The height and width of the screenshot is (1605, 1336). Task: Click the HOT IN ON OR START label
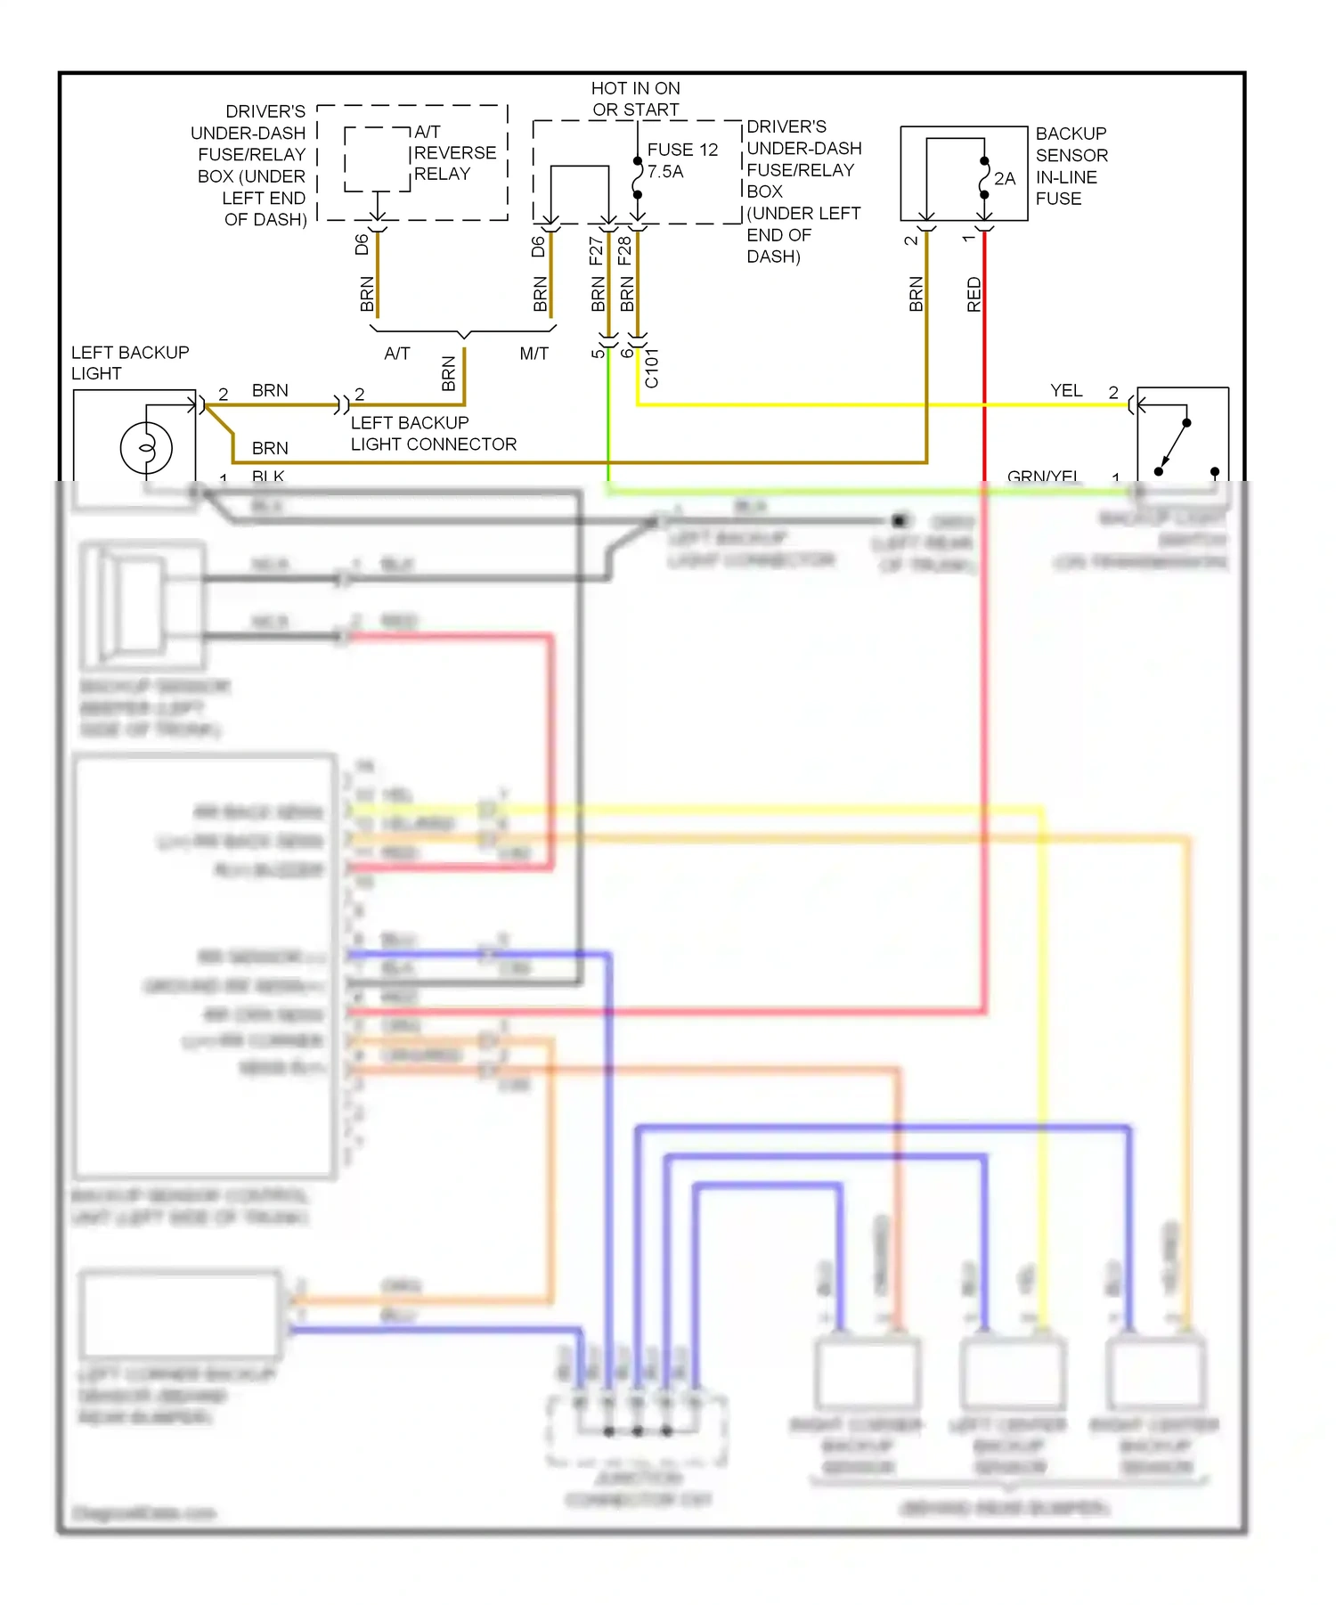[x=635, y=99]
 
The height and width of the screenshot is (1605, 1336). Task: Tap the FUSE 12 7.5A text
[x=681, y=160]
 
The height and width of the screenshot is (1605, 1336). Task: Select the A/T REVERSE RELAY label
[x=454, y=153]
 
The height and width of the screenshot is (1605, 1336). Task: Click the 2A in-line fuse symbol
[x=984, y=178]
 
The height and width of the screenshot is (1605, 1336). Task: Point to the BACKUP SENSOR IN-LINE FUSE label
[x=1071, y=166]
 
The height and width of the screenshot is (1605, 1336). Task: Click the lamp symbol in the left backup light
[x=146, y=447]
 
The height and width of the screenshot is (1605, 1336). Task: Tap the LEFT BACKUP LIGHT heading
[x=129, y=363]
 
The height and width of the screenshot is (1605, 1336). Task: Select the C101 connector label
[x=652, y=368]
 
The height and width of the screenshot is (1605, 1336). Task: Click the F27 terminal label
[x=596, y=250]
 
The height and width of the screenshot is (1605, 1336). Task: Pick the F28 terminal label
[x=624, y=250]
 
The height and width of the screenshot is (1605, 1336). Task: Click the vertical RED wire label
[x=973, y=294]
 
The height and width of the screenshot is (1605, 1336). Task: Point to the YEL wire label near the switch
[x=1065, y=390]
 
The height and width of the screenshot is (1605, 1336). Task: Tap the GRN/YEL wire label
[x=1043, y=477]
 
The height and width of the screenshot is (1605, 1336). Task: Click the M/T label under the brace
[x=534, y=354]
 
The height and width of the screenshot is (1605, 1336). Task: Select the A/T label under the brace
[x=396, y=354]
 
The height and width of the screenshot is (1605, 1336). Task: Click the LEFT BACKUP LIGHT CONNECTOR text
[x=433, y=433]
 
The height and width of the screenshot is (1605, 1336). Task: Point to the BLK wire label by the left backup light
[x=267, y=477]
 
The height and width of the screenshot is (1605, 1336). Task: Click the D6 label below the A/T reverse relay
[x=362, y=244]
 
